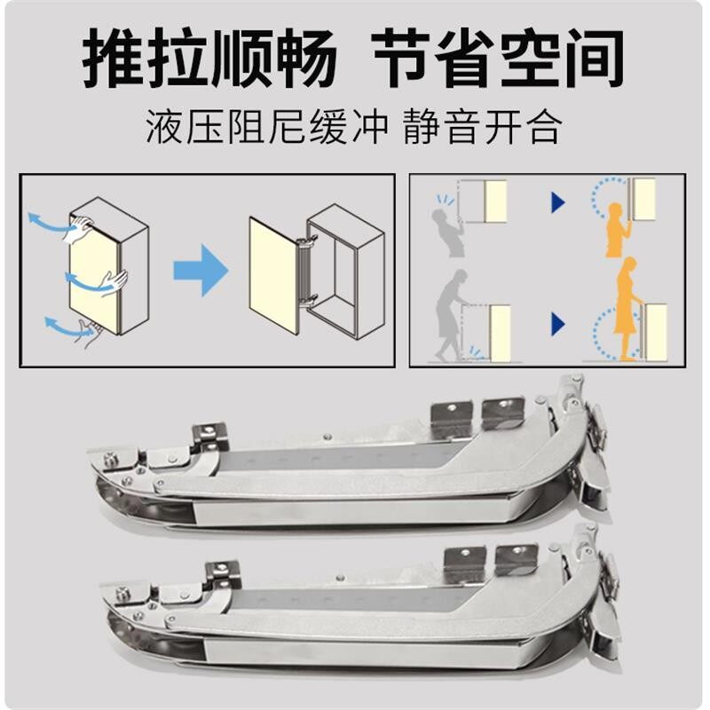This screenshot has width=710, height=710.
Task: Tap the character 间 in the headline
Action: [x=592, y=58]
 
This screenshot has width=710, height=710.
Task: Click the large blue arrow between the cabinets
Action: [x=201, y=271]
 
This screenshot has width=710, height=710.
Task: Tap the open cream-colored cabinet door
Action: [x=273, y=275]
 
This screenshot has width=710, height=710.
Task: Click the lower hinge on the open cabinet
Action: [x=309, y=300]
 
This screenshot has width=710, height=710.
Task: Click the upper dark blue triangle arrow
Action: [x=558, y=202]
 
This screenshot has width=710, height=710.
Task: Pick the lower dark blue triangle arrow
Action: [x=558, y=324]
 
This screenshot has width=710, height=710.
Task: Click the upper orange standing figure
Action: [x=618, y=230]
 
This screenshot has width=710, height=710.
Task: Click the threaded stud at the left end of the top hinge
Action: [x=110, y=461]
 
